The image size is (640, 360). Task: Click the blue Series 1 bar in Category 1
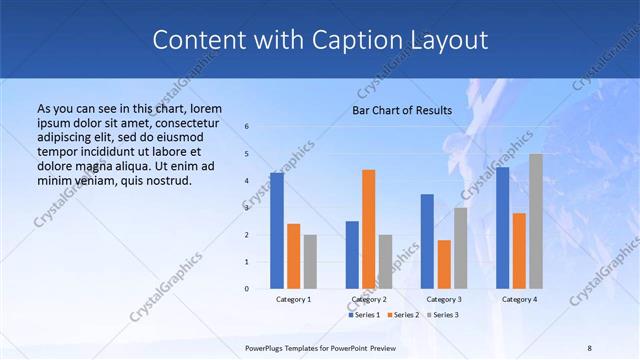(x=277, y=231)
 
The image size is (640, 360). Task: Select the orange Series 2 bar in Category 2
(x=369, y=229)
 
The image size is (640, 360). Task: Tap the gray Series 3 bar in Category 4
(x=536, y=221)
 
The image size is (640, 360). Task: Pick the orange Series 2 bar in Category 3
(x=444, y=264)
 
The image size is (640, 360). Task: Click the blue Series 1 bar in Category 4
(x=502, y=228)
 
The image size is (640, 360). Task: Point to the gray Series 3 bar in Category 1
(x=310, y=262)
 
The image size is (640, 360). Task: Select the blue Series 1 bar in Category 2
(x=352, y=255)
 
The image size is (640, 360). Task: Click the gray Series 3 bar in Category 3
(x=461, y=248)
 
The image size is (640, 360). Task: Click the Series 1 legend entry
(x=364, y=315)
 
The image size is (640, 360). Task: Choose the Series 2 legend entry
(x=402, y=315)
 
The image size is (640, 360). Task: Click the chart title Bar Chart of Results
(x=402, y=110)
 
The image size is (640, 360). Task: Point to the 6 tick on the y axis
(x=247, y=127)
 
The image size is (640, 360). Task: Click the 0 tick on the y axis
(x=247, y=289)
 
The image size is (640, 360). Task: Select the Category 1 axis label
(x=293, y=299)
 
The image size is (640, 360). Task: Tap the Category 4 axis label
(x=519, y=299)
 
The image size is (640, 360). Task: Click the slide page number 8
(x=590, y=347)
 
